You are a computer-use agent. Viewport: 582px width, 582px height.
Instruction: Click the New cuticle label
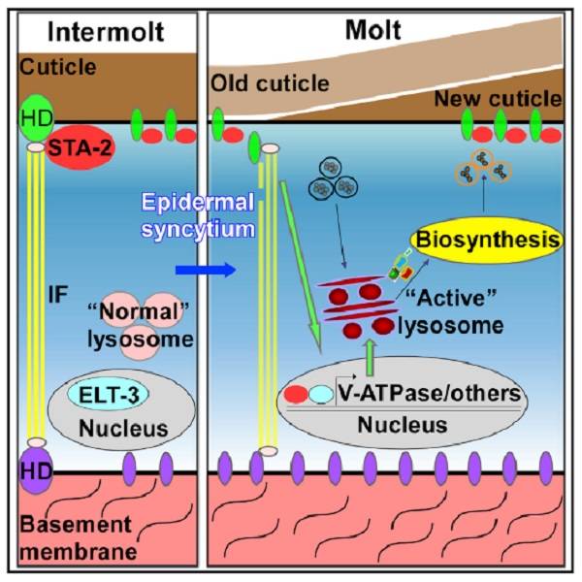508,98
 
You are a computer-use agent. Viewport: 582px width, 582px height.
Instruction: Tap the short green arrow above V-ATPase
370,355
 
